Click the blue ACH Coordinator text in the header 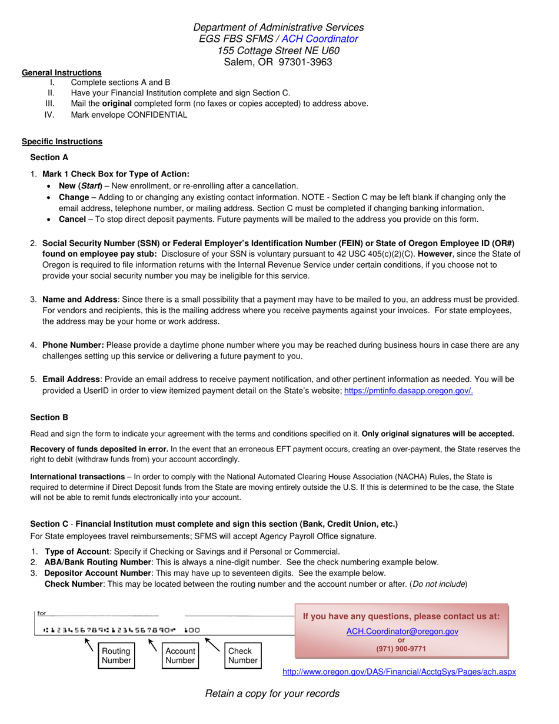coord(320,39)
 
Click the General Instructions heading coord(62,73)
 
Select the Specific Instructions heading coord(62,141)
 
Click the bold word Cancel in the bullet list coord(72,220)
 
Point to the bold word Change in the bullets coord(74,197)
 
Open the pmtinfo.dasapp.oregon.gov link coord(408,390)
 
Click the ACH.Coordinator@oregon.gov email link coord(402,631)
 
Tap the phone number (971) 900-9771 coord(401,649)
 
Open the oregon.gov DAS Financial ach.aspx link coord(399,672)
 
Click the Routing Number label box coord(117,656)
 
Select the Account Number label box coord(180,656)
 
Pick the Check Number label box coord(242,656)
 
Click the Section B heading coord(49,417)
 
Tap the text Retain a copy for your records coord(272,693)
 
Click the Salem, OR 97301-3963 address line coord(278,62)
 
